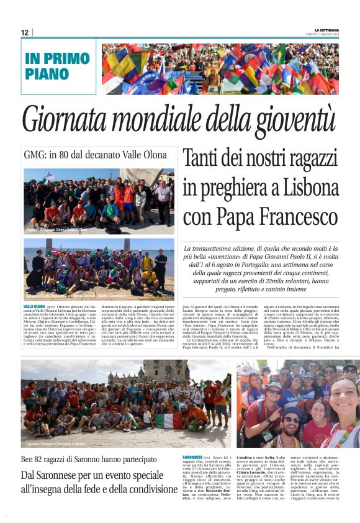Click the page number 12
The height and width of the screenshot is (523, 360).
point(25,32)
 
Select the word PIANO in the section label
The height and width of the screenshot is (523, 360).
point(47,73)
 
